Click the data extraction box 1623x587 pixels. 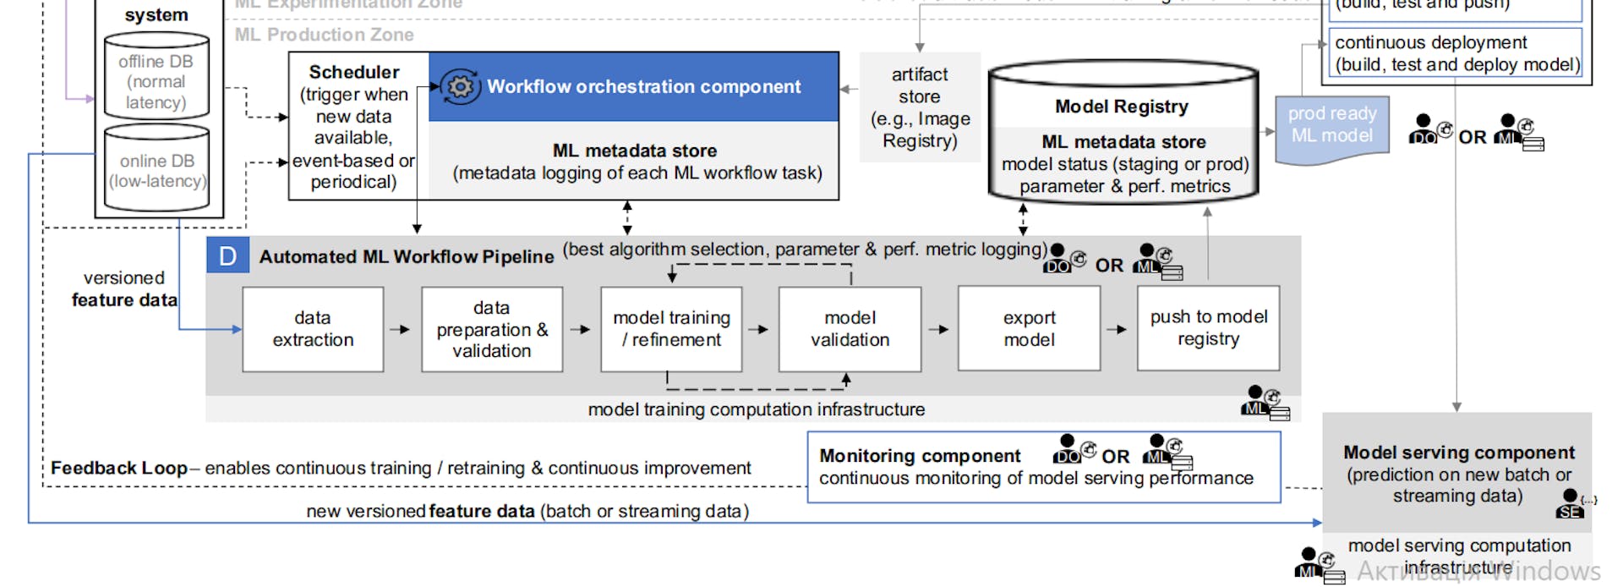[313, 329]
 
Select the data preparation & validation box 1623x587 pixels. [492, 329]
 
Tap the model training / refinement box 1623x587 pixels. [671, 329]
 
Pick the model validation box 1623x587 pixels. [850, 329]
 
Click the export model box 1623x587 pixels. [1029, 329]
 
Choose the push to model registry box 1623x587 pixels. [1208, 328]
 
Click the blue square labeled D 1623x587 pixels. [227, 255]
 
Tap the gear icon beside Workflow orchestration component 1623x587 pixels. [460, 86]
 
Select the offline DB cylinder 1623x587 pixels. [156, 77]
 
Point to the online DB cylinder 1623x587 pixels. [156, 169]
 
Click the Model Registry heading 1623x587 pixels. [1121, 107]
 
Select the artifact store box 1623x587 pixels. [920, 107]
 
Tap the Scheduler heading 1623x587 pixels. [354, 72]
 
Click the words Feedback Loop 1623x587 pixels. [118, 468]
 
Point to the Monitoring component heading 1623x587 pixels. [920, 456]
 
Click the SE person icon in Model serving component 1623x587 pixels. [1570, 504]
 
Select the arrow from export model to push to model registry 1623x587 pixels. [1118, 329]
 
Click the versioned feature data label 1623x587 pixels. [124, 288]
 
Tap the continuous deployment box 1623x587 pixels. [1456, 53]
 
